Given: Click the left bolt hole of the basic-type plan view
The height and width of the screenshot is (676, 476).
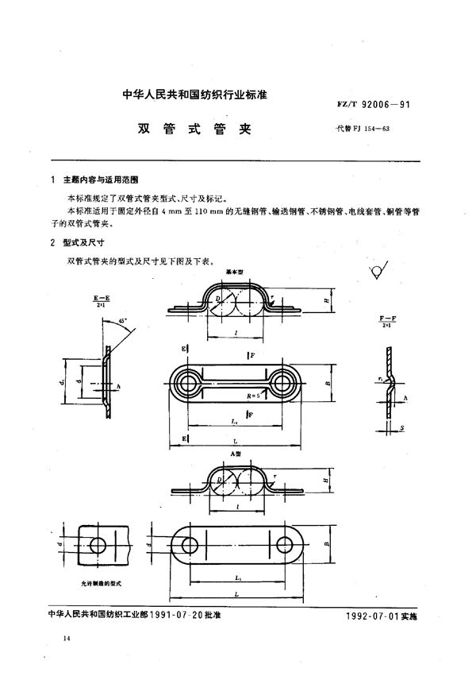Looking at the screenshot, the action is [x=190, y=384].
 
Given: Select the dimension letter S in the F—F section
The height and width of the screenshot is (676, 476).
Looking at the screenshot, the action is [x=403, y=430].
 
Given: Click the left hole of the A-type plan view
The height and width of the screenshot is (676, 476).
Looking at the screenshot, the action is [x=190, y=547].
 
